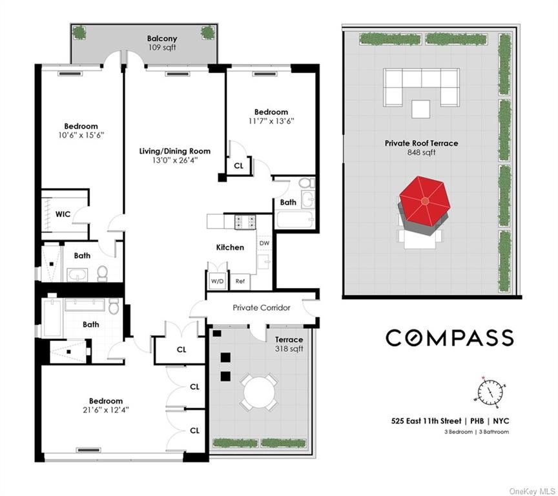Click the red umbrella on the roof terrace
click(424, 201)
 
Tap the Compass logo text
click(449, 338)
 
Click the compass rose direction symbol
click(490, 392)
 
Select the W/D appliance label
click(217, 281)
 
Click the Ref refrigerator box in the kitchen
click(240, 281)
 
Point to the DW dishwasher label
click(264, 243)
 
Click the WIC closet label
click(63, 214)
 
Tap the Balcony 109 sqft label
click(162, 43)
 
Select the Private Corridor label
click(262, 308)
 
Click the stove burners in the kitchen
click(245, 222)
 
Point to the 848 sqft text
click(421, 152)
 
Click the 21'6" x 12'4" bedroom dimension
click(106, 410)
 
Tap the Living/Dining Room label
click(175, 151)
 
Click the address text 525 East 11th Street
click(426, 421)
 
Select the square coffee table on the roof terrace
click(420, 109)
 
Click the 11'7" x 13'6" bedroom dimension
click(271, 121)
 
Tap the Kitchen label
click(231, 247)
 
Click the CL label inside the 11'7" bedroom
click(239, 166)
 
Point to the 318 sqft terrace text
click(289, 349)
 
